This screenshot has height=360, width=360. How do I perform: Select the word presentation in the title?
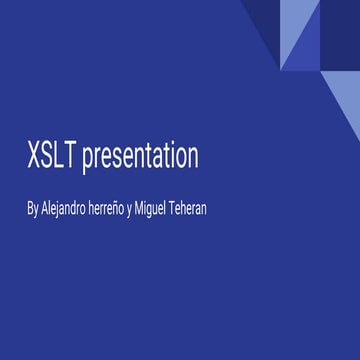(140, 158)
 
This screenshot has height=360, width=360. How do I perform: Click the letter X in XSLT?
(35, 157)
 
